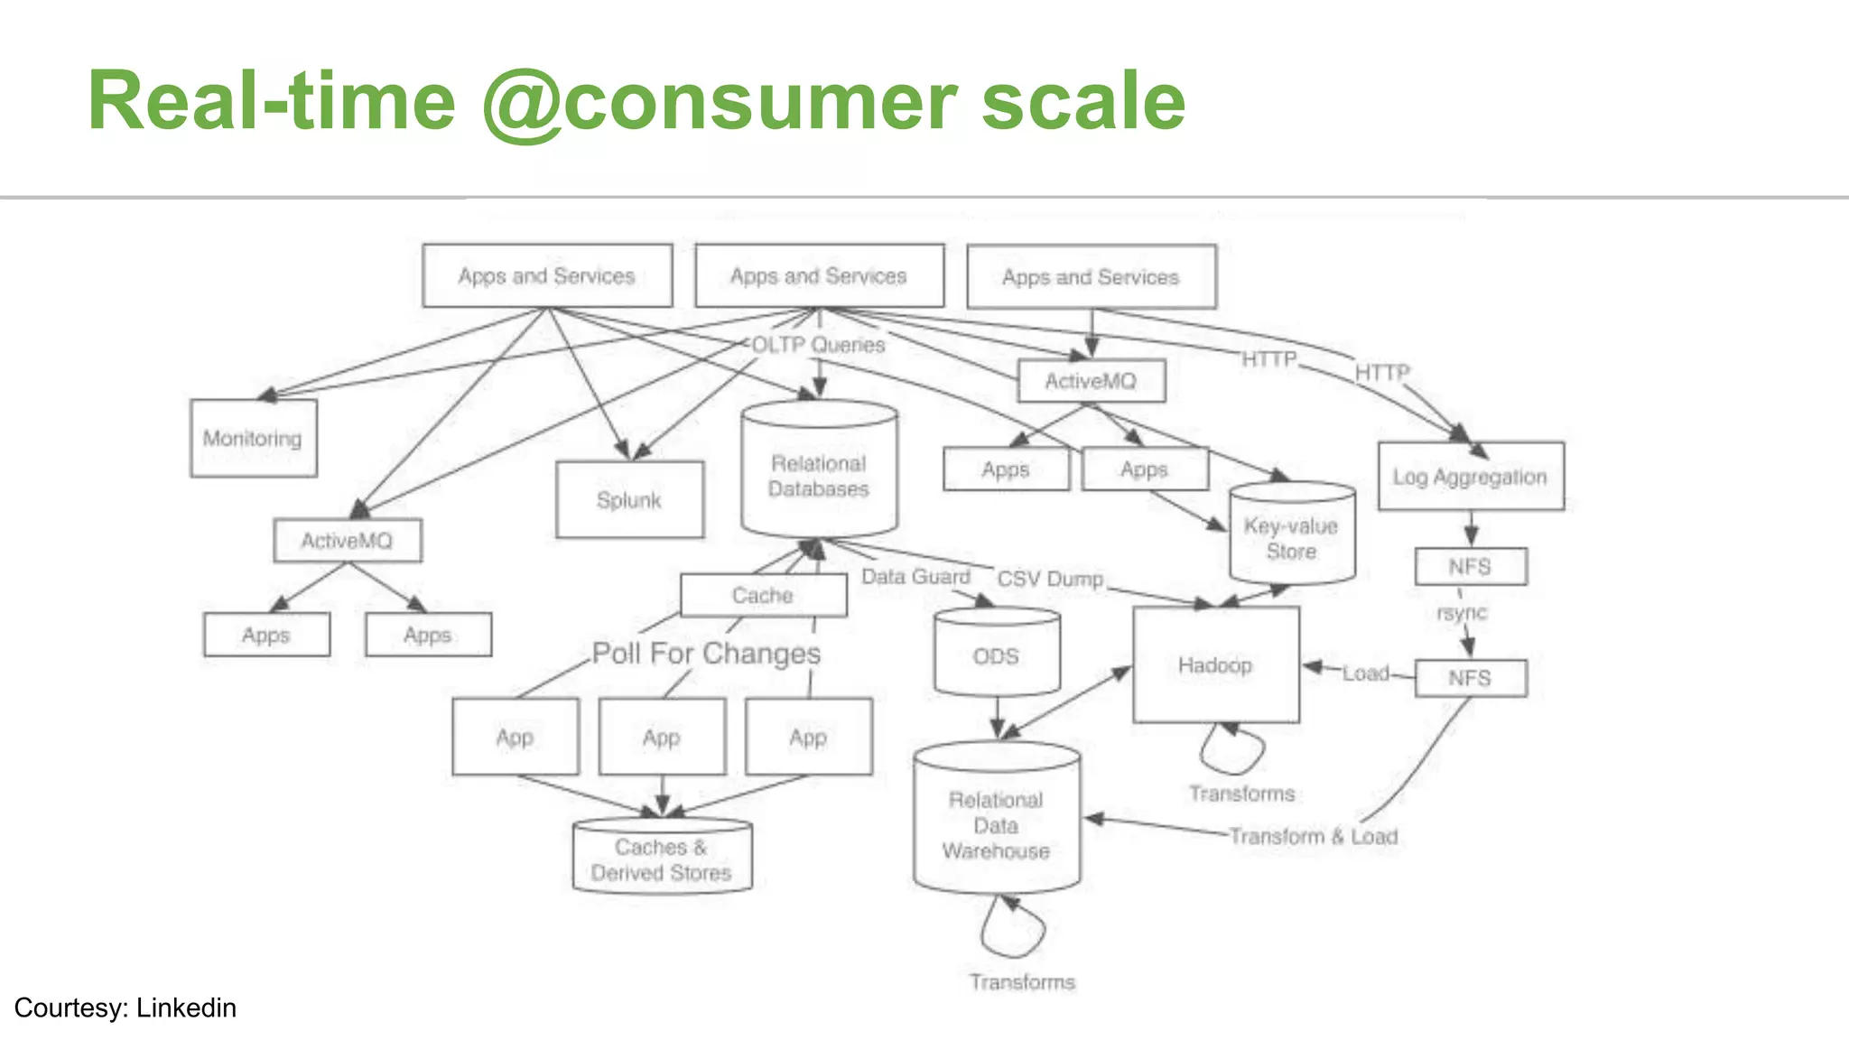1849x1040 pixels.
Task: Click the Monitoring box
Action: [x=253, y=438]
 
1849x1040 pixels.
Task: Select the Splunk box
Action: [x=629, y=499]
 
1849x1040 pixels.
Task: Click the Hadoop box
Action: [x=1215, y=664]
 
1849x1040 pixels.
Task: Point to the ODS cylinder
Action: [x=996, y=655]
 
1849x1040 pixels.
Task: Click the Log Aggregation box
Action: [x=1470, y=476]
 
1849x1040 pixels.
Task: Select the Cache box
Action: [x=763, y=595]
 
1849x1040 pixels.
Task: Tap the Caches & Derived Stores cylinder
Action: [x=662, y=859]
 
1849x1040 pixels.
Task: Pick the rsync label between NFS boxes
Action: [x=1461, y=612]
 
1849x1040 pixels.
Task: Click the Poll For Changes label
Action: [x=706, y=653]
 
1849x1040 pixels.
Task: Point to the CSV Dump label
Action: [x=1050, y=578]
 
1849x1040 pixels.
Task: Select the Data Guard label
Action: [x=915, y=576]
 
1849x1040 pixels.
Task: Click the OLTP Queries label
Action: [x=818, y=344]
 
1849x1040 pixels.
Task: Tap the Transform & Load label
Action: [x=1314, y=836]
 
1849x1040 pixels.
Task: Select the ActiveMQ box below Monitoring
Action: [x=347, y=540]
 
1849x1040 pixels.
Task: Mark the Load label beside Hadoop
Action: [x=1365, y=673]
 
